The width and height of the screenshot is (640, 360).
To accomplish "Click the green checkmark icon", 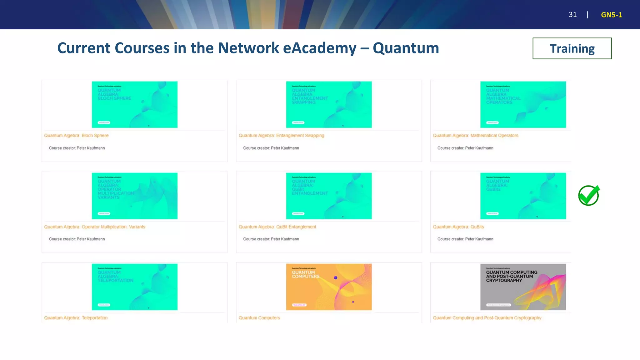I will tap(588, 196).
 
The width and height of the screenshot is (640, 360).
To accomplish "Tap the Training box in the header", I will tap(572, 48).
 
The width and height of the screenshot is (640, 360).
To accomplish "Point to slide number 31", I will tap(572, 15).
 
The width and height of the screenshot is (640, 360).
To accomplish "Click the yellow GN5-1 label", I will tap(611, 15).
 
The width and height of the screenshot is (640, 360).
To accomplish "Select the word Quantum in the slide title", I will tap(406, 48).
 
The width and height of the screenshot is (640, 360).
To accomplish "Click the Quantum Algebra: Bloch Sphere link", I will tap(76, 136).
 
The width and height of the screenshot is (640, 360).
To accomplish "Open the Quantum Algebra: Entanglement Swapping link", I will tap(281, 136).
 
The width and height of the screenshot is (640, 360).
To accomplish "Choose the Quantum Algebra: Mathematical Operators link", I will tap(475, 136).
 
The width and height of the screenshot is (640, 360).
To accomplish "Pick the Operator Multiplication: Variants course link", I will tap(94, 227).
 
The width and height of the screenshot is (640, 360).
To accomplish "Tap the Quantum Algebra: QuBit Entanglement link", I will tap(277, 227).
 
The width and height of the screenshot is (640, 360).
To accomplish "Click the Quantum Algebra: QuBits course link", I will tap(458, 227).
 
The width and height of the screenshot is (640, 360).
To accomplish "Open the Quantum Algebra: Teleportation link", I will tap(76, 318).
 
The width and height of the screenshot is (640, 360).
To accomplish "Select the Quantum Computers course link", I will tap(259, 318).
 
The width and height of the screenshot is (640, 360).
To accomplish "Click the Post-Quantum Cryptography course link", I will tap(487, 318).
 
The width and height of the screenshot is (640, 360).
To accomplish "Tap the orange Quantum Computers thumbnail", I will tap(329, 287).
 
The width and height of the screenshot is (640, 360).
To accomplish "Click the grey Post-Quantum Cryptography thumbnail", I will tap(523, 287).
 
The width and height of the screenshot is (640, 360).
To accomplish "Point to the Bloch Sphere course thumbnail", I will tap(134, 104).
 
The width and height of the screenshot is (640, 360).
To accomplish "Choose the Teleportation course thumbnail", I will tap(134, 287).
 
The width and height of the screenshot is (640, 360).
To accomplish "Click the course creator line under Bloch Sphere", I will tap(77, 148).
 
